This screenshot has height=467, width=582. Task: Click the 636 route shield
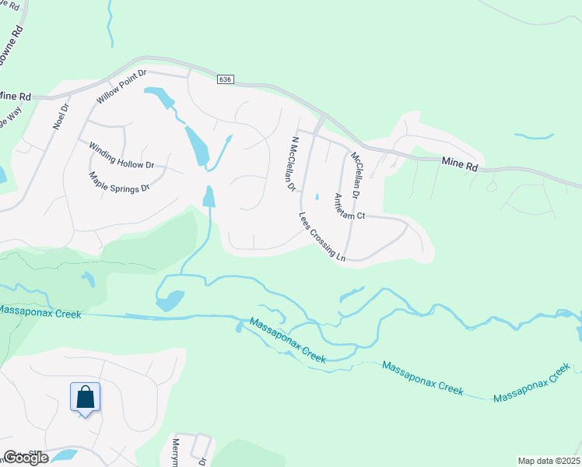pyautogui.click(x=226, y=80)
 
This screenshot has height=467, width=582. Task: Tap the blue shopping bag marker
pyautogui.click(x=85, y=397)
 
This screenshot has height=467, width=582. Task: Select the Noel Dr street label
pyautogui.click(x=61, y=118)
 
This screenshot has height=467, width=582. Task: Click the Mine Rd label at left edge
pyautogui.click(x=14, y=96)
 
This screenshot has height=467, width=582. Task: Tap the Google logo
pyautogui.click(x=25, y=457)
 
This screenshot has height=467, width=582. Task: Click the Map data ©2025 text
pyautogui.click(x=549, y=461)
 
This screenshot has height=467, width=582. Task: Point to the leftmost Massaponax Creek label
pyautogui.click(x=39, y=312)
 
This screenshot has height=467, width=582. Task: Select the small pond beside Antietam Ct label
pyautogui.click(x=316, y=196)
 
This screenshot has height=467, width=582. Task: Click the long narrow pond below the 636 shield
pyautogui.click(x=196, y=144)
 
